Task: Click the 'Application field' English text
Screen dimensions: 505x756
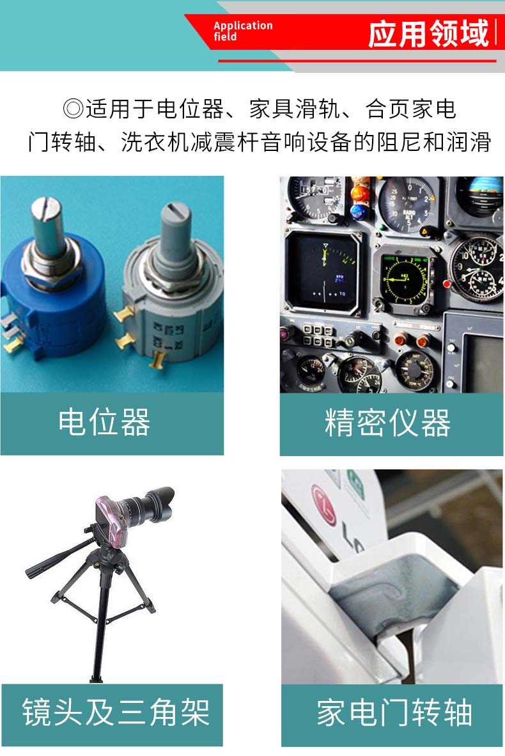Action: point(243,31)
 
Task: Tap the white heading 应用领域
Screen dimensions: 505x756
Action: point(428,34)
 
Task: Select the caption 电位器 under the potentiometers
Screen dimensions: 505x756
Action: point(104,422)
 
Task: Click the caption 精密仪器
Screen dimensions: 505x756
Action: point(387,423)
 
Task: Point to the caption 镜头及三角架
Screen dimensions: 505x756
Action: point(116,712)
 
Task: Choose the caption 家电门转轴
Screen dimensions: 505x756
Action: point(394,713)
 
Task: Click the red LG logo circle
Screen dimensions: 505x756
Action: point(325,504)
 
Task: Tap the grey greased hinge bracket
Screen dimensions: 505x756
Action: point(385,602)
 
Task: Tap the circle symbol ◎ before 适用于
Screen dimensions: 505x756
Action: point(74,109)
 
